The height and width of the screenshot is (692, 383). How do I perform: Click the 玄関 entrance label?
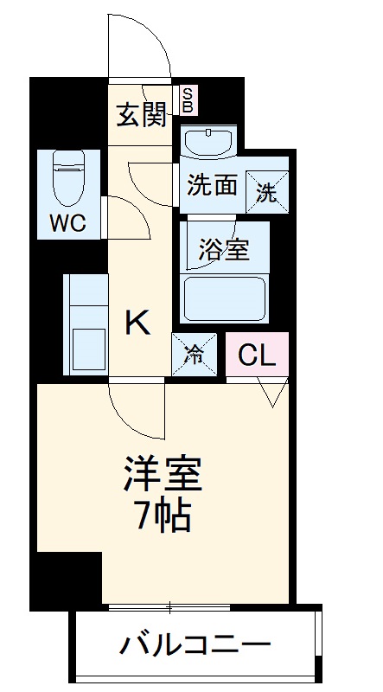(x=142, y=114)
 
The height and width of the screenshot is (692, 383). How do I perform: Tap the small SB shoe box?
(x=188, y=99)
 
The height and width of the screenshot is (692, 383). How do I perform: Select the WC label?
(x=67, y=222)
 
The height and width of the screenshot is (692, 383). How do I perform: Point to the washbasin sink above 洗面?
(x=208, y=140)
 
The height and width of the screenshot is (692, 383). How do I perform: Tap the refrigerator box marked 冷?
(x=195, y=353)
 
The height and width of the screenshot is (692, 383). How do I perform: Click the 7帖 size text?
(x=163, y=517)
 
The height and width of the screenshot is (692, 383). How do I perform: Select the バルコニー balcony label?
(x=195, y=644)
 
